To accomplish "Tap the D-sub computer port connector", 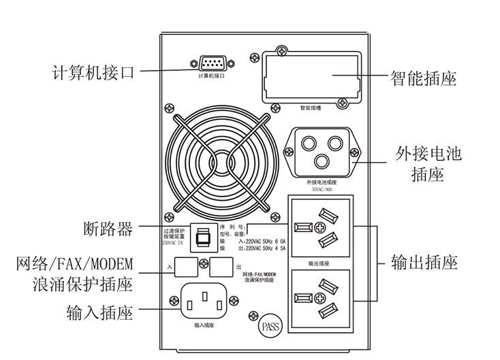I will point(212,65).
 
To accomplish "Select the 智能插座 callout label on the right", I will point(422,79).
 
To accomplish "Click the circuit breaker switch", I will point(202,237).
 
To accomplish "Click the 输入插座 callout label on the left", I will point(99,314).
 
